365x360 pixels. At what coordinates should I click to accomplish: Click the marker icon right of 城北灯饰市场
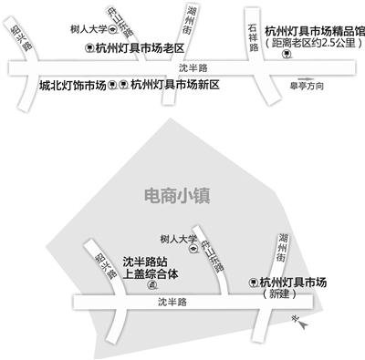pos(112,86)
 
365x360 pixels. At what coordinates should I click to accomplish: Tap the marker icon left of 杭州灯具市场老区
pos(89,46)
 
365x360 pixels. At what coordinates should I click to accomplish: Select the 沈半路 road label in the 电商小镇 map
pos(171,301)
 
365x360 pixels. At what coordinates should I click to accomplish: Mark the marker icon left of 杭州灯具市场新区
pos(123,86)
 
